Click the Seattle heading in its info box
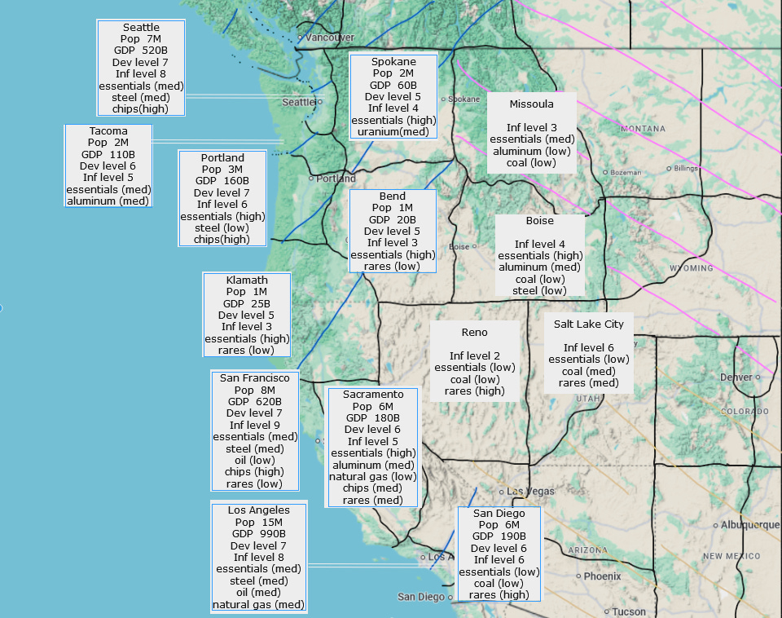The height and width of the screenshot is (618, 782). (141, 28)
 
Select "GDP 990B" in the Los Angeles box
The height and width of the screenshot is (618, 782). (258, 534)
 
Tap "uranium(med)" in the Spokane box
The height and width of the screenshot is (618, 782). (393, 131)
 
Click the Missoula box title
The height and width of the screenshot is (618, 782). (531, 104)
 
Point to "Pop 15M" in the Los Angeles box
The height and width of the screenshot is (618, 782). (258, 523)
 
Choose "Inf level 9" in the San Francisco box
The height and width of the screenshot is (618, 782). (254, 425)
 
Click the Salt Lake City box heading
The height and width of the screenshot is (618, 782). (588, 324)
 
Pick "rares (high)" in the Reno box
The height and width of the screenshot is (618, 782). (474, 391)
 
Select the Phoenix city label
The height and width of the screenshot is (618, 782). (602, 576)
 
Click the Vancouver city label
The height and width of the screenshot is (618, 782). (330, 38)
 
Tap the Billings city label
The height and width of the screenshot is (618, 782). (687, 168)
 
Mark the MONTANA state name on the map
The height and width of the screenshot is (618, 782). (643, 129)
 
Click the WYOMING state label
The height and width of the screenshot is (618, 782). (691, 268)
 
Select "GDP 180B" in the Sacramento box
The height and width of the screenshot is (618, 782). (372, 418)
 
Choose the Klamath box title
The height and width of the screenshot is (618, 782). (247, 280)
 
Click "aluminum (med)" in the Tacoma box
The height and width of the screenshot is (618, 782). (108, 201)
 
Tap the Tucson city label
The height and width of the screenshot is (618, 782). (629, 611)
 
